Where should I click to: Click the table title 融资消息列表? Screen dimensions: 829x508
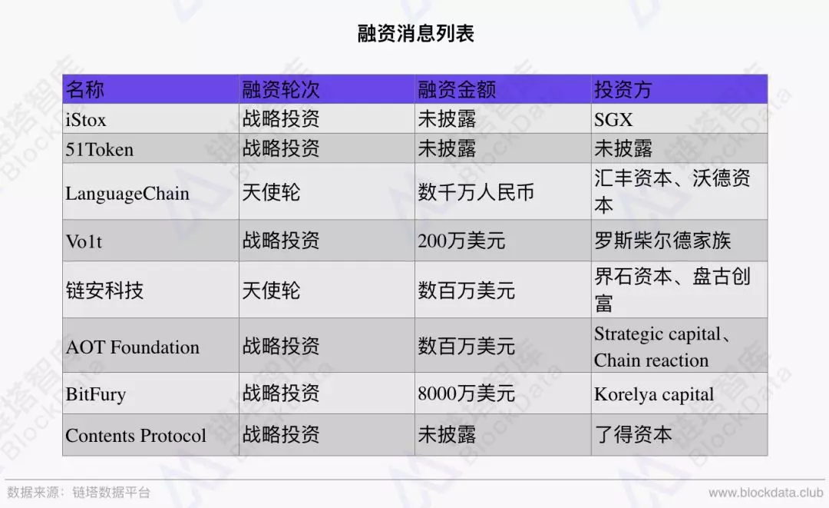[415, 33]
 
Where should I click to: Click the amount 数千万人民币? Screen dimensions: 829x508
[476, 192]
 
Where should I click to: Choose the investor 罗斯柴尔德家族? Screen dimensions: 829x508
[662, 241]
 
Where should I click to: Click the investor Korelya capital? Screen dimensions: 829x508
[654, 394]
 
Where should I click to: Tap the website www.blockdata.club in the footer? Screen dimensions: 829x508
[766, 493]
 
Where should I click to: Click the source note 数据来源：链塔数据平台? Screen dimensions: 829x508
[78, 493]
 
